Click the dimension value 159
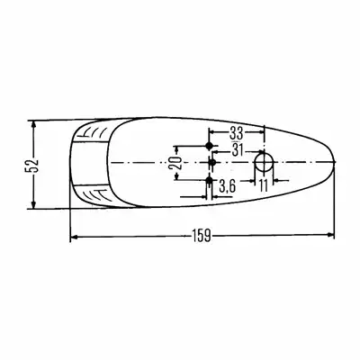coord(201,236)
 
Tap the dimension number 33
coord(237,132)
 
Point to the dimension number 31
coord(238,150)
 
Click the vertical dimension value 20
coord(177,163)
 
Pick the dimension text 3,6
coord(227,187)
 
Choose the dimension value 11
coord(263,186)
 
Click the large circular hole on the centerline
coord(264,162)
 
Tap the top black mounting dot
coord(209,146)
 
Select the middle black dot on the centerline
coord(212,162)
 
